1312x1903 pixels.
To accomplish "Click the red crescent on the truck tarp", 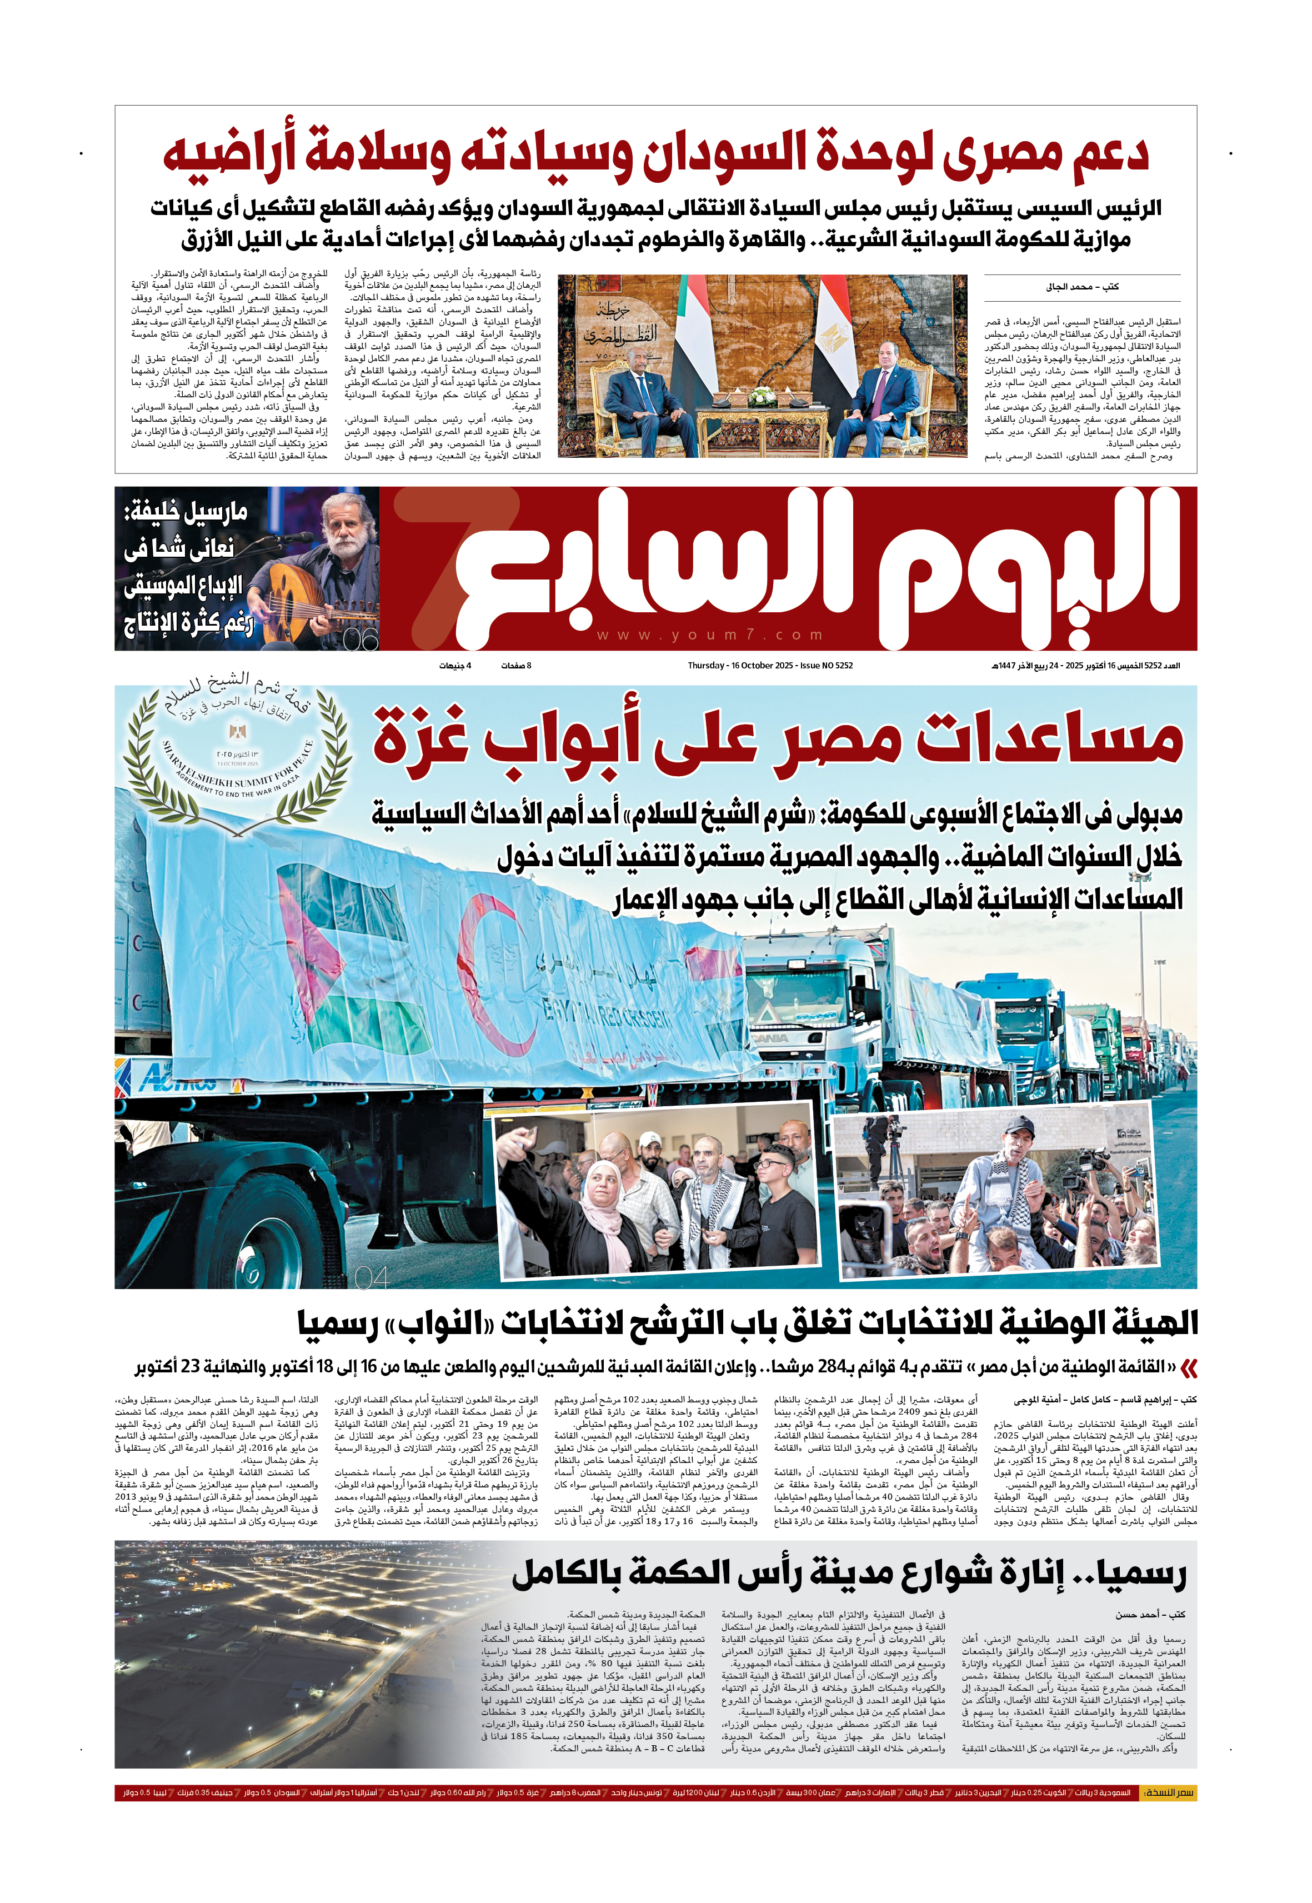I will (x=493, y=971).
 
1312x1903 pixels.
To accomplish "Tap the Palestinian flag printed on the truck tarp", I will (x=337, y=954).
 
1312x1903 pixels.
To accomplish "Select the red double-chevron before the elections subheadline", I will (x=1189, y=1369).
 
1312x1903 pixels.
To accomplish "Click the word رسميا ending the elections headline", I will (x=338, y=1323).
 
